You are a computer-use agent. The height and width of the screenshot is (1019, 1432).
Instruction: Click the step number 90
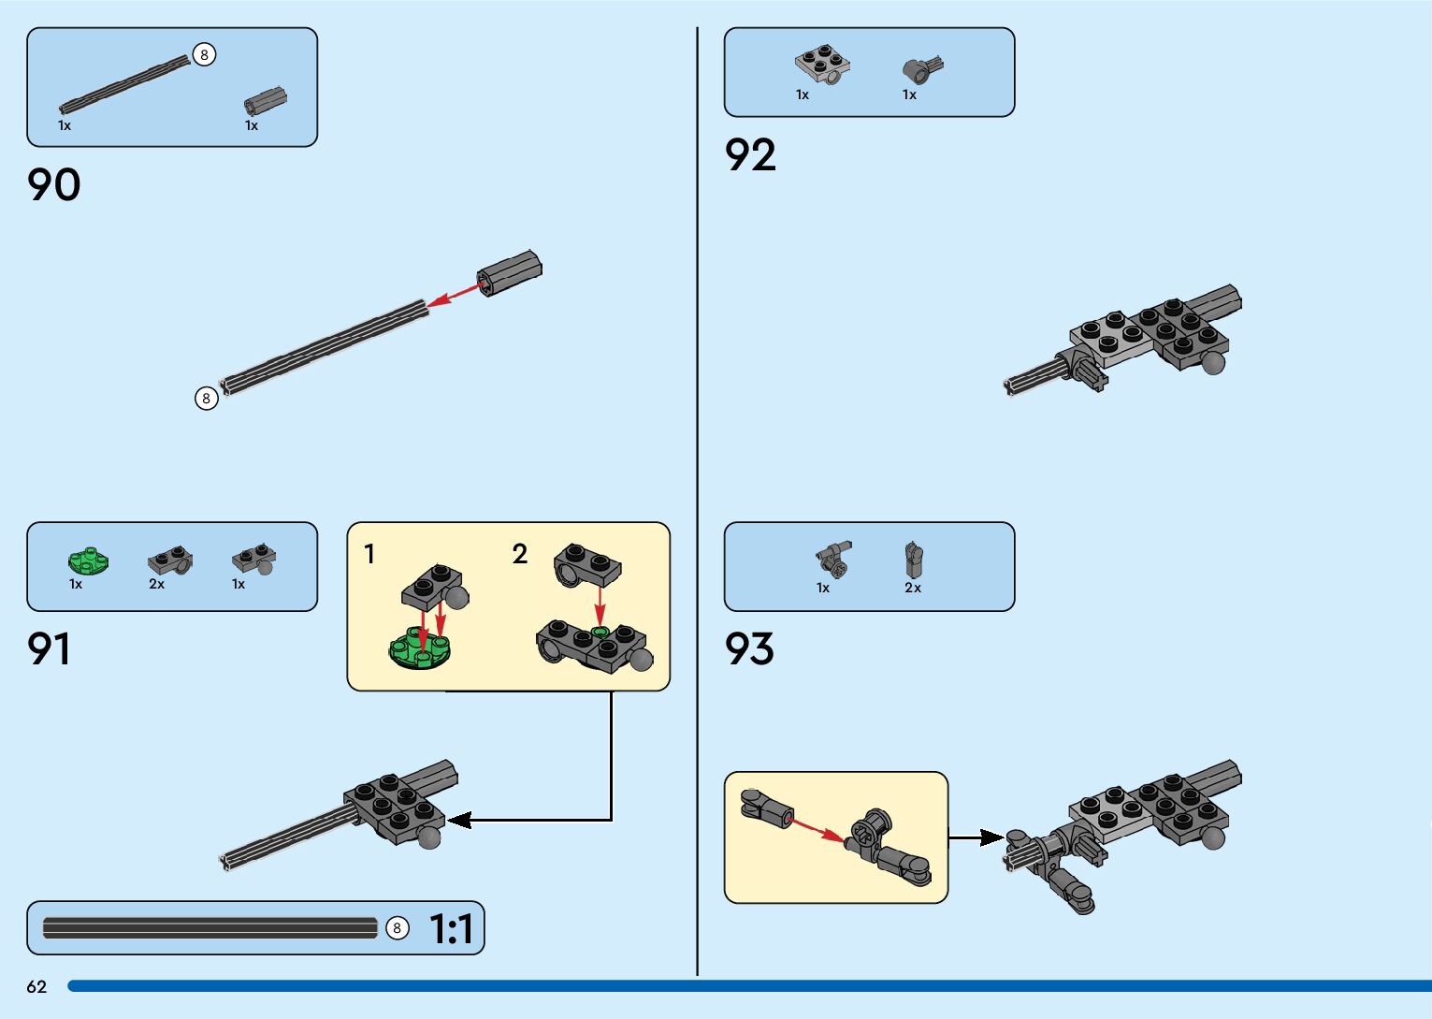coord(54,185)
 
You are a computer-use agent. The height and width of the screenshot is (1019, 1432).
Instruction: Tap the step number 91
coord(49,649)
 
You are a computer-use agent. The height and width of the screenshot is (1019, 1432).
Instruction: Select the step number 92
coord(750,155)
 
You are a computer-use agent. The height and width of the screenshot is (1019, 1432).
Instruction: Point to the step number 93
coord(749,649)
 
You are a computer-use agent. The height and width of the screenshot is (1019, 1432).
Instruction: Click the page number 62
coord(36,987)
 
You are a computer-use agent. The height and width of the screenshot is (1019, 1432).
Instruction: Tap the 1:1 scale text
coord(451,929)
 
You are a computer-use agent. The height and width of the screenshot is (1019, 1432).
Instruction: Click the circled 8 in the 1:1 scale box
coord(398,928)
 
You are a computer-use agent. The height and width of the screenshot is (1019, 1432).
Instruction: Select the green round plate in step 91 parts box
coord(88,560)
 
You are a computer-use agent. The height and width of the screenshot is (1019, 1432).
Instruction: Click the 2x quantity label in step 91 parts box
coord(156,585)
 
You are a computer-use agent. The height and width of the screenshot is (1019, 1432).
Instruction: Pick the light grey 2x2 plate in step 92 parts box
coord(823,64)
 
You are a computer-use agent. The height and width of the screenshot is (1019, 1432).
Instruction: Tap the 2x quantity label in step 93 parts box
coord(913,589)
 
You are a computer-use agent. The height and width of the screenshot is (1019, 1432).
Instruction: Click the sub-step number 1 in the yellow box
coord(369,555)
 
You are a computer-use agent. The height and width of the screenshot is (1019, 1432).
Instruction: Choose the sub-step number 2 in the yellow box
coord(520,555)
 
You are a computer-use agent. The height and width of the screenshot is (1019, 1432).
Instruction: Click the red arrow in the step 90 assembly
coord(455,294)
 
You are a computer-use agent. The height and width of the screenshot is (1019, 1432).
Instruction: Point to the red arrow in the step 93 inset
coord(816,829)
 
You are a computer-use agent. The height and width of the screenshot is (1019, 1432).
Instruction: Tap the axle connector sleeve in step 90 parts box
coord(266,101)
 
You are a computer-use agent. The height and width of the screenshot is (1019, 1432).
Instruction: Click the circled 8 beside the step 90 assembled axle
coord(206,399)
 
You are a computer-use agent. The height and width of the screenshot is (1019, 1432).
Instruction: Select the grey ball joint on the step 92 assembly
coord(1213,363)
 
